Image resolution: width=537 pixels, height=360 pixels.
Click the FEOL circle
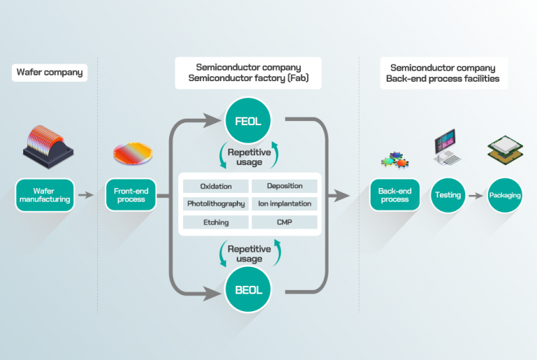249,122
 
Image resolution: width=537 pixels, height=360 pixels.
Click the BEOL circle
249,289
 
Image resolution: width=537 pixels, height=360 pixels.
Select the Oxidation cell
215,186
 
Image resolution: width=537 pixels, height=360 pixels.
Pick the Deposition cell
285,186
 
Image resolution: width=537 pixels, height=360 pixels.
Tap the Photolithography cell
215,204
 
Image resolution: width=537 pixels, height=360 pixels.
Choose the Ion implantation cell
285,204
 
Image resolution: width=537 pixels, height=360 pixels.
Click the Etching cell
215,222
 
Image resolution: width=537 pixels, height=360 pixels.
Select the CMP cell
285,222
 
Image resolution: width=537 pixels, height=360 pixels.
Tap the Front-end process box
131,194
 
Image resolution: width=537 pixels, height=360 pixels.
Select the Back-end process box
395,194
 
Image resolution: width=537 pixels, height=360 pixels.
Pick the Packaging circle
506,195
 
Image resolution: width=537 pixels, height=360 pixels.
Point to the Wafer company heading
49,72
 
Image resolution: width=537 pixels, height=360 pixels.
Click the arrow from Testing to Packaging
476,195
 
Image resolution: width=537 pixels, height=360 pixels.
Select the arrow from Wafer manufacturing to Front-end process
86,194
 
